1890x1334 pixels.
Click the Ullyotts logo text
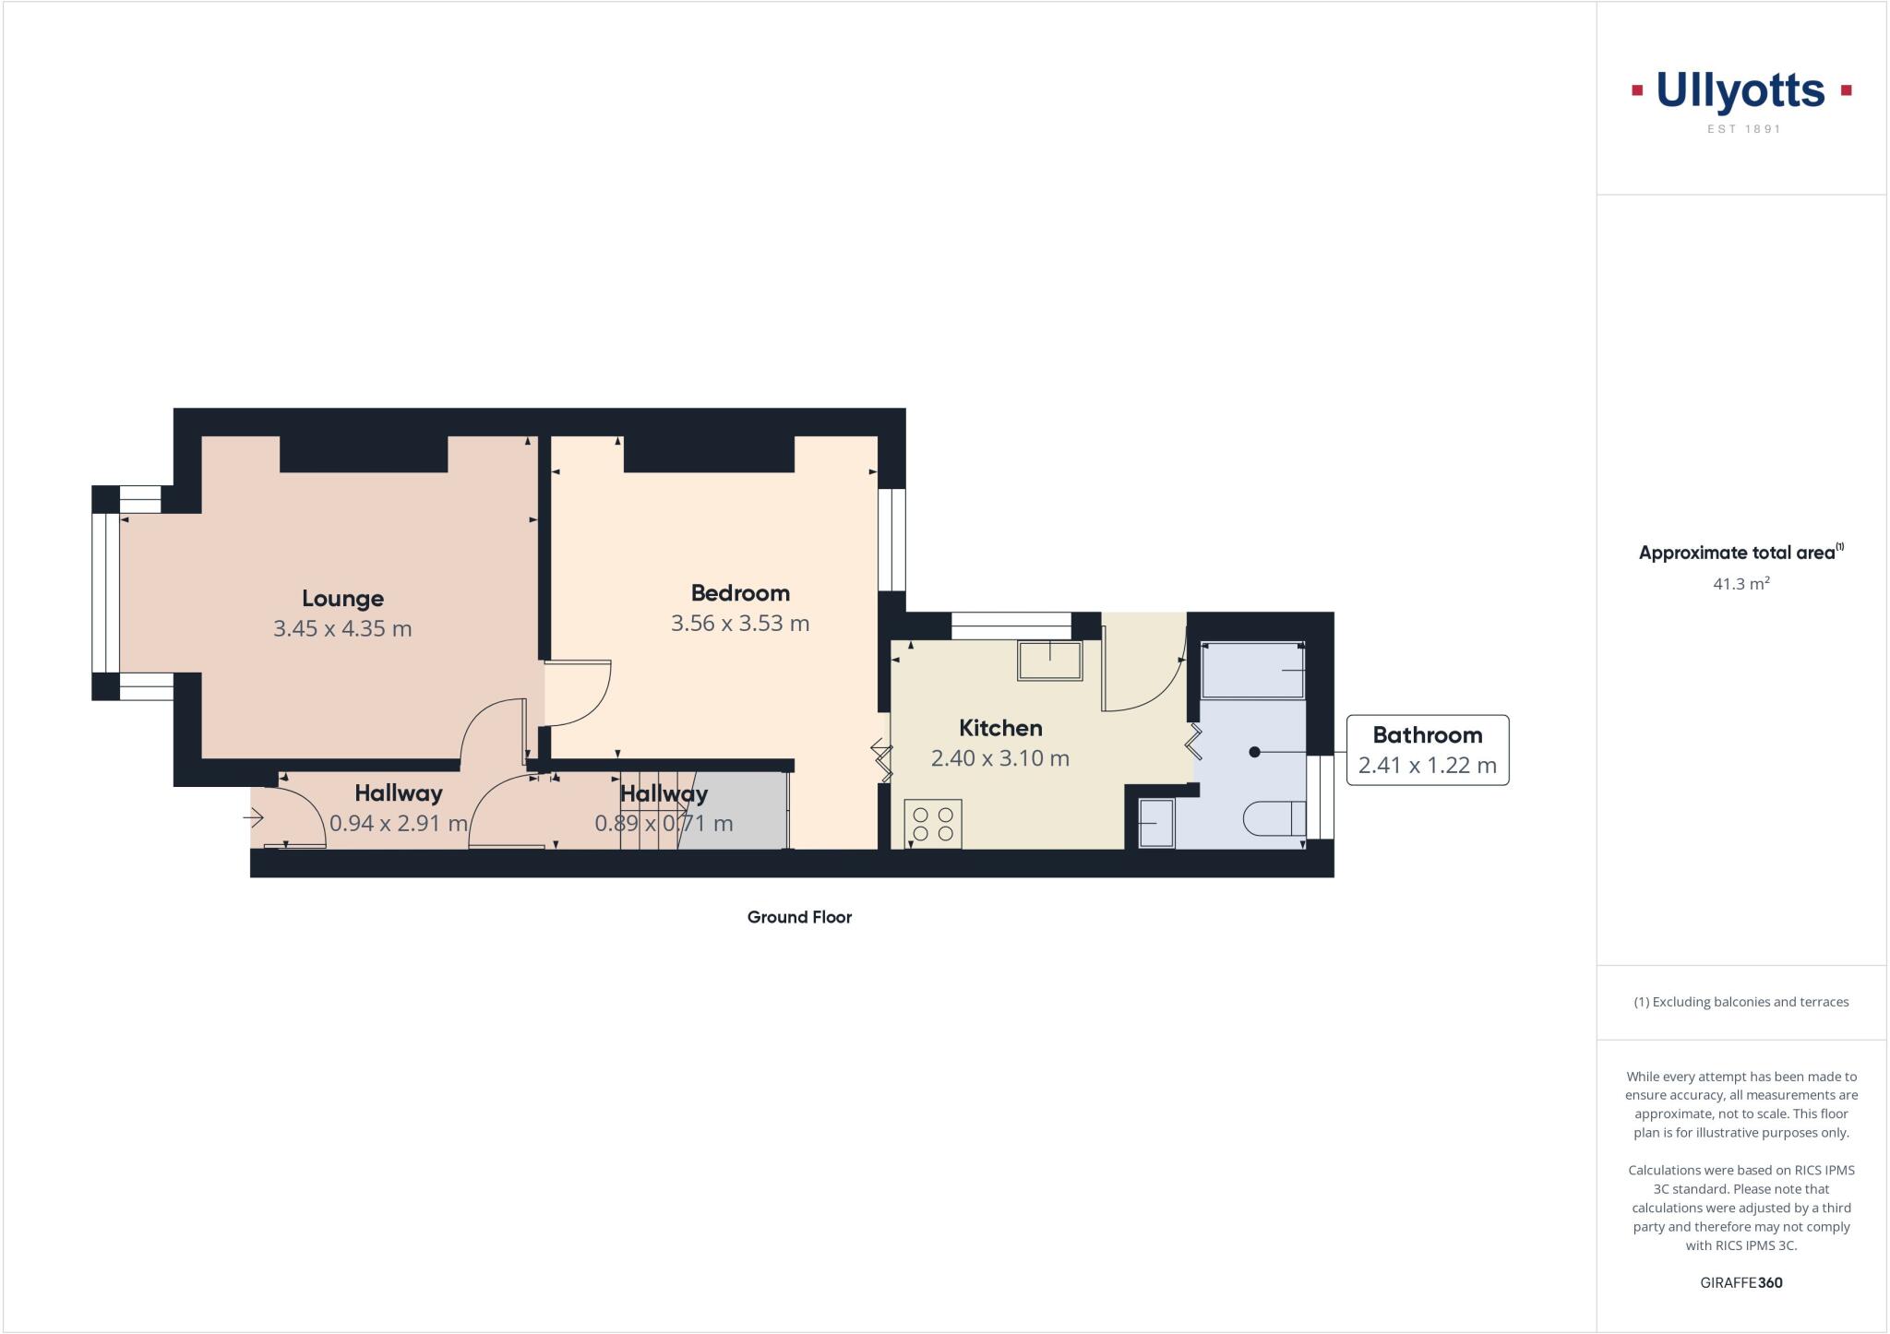pyautogui.click(x=1740, y=91)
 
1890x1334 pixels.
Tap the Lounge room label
pyautogui.click(x=342, y=598)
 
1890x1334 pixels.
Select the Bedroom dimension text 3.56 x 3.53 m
pyautogui.click(x=740, y=624)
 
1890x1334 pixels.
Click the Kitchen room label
pyautogui.click(x=1000, y=728)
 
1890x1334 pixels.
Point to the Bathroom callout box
pyautogui.click(x=1427, y=750)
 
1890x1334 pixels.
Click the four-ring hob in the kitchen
pyautogui.click(x=933, y=824)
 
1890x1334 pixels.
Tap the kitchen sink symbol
pyautogui.click(x=1049, y=661)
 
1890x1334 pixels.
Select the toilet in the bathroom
pyautogui.click(x=1274, y=818)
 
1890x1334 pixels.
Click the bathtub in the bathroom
pyautogui.click(x=1253, y=670)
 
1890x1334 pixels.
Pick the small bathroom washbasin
pyautogui.click(x=1155, y=823)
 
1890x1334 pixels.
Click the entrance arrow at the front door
pyautogui.click(x=254, y=816)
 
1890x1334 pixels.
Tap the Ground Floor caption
pyautogui.click(x=799, y=917)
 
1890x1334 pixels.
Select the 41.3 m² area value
pyautogui.click(x=1740, y=584)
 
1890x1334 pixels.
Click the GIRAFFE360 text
pyautogui.click(x=1740, y=1282)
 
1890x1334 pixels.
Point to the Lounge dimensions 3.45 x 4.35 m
pyautogui.click(x=342, y=629)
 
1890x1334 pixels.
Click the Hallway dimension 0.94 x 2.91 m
pyautogui.click(x=399, y=823)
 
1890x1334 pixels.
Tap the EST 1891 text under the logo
pyautogui.click(x=1743, y=129)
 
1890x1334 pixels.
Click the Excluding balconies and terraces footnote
pyautogui.click(x=1740, y=1002)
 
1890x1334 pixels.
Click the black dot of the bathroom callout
pyautogui.click(x=1254, y=752)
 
